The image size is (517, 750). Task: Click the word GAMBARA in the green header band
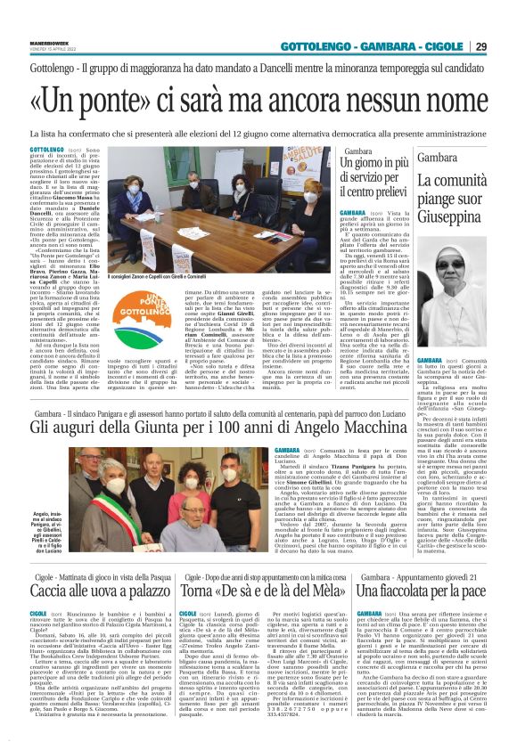pos(382,46)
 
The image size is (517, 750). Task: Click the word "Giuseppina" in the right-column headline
pos(452,216)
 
